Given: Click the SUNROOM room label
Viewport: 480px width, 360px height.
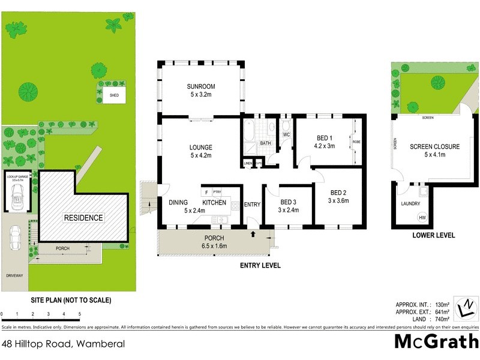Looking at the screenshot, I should click(202, 86).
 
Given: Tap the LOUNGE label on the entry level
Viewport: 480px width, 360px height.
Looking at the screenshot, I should click(202, 148).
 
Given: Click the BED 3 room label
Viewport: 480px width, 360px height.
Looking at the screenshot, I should click(289, 202).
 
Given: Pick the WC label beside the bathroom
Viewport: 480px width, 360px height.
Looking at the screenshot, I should click(286, 134).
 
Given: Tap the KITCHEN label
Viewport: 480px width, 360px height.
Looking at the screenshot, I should click(214, 203).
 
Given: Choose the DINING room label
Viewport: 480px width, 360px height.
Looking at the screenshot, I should click(178, 203).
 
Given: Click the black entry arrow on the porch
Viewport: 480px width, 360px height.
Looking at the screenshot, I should click(253, 235).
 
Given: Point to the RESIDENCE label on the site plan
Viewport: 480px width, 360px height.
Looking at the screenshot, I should click(83, 218).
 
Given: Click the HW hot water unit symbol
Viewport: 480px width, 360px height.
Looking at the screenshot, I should click(422, 217).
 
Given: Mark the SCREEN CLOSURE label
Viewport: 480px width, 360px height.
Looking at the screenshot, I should click(434, 146).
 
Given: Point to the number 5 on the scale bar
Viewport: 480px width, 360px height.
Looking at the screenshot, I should click(80, 314).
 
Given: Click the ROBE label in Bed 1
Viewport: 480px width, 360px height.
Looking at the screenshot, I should click(356, 142).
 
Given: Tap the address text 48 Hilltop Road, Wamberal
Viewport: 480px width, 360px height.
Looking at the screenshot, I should click(63, 344).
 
